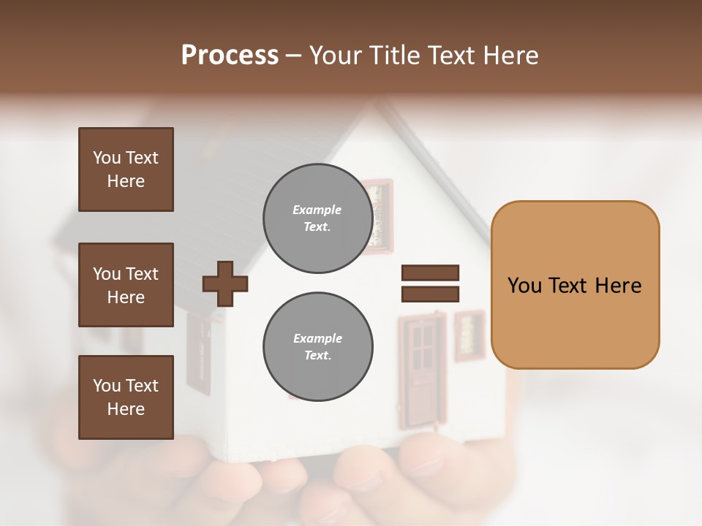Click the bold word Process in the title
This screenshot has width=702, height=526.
tap(230, 56)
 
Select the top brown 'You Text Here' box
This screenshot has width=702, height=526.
tap(126, 169)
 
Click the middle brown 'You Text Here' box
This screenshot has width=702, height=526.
tap(126, 285)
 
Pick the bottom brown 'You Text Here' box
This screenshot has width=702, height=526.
tap(126, 397)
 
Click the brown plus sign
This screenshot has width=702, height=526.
tap(225, 283)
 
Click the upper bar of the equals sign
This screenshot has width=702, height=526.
tap(430, 273)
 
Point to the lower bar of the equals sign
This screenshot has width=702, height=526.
tap(430, 294)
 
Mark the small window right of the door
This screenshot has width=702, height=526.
tap(469, 335)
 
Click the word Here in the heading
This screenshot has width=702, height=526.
tap(509, 56)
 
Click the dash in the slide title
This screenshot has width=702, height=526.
tap(294, 56)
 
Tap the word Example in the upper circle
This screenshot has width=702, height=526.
tap(317, 210)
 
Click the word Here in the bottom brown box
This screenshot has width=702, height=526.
tap(126, 409)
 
